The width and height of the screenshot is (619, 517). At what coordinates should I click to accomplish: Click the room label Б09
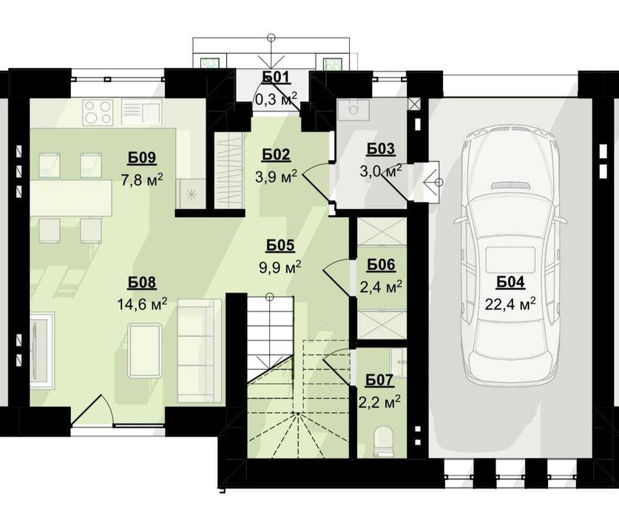(x=142, y=158)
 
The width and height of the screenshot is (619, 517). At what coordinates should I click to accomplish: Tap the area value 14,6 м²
(x=142, y=304)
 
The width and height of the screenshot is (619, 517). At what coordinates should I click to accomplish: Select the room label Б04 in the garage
(x=510, y=282)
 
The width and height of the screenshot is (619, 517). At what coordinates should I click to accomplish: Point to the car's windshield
(x=511, y=207)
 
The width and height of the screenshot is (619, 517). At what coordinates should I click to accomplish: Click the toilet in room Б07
(x=383, y=442)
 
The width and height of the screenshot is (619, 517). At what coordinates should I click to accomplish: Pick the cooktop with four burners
(x=98, y=113)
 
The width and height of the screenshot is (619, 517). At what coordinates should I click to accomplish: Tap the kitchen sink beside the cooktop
(x=141, y=113)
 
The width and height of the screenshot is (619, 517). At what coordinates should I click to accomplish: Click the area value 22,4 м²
(x=510, y=304)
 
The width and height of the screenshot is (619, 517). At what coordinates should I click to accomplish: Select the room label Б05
(x=280, y=246)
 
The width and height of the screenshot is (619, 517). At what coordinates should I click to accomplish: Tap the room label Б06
(x=381, y=265)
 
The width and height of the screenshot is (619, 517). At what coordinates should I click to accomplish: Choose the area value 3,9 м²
(x=276, y=177)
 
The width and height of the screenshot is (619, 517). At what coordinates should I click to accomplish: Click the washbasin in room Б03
(x=354, y=109)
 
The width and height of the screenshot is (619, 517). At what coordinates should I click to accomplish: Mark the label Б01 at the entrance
(x=277, y=78)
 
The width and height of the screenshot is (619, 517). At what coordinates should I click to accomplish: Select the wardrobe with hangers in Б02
(x=229, y=169)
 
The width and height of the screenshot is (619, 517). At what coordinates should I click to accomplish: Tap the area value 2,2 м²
(x=380, y=402)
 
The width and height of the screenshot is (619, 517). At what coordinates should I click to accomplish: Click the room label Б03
(x=381, y=149)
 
